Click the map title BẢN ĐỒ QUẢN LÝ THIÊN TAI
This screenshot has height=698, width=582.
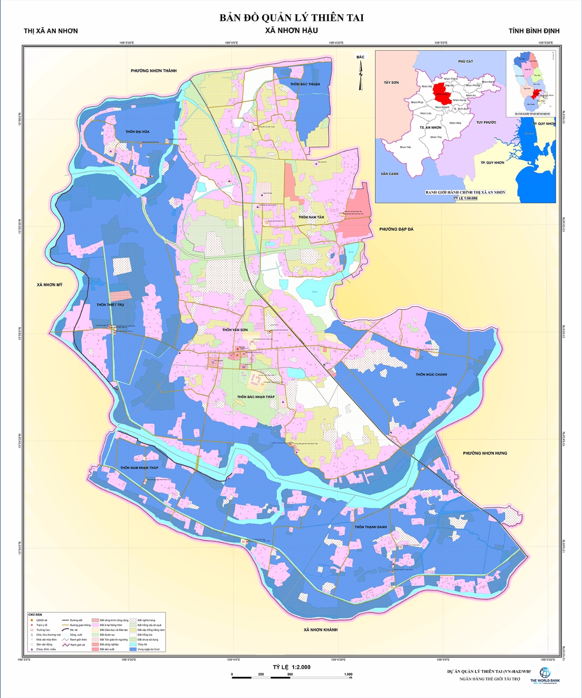click(x=291, y=18)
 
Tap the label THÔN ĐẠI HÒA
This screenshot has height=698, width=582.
click(x=137, y=132)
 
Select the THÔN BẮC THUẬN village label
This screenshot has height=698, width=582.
click(x=305, y=84)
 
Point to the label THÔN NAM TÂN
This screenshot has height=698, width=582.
click(x=311, y=217)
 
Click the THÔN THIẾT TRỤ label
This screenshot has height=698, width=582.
click(x=110, y=305)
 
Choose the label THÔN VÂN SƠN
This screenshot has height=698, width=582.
click(x=235, y=330)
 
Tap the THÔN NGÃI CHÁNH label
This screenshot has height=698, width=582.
click(x=431, y=375)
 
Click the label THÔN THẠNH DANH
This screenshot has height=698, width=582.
click(x=371, y=527)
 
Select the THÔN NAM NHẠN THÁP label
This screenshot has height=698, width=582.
click(x=139, y=468)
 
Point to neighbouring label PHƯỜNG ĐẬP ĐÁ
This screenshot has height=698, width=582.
click(x=396, y=229)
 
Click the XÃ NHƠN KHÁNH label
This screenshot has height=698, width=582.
click(x=321, y=630)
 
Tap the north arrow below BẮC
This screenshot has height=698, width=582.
click(x=360, y=74)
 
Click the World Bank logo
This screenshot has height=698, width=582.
click(x=545, y=673)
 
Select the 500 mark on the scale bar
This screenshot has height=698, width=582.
click(x=290, y=674)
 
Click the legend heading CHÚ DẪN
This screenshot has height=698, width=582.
click(x=35, y=615)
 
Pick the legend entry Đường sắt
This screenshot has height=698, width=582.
click(x=76, y=620)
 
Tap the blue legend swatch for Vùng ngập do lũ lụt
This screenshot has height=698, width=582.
click(x=133, y=649)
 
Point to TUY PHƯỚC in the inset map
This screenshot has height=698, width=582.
click(x=486, y=122)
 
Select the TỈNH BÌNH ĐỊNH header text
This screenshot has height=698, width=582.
click(x=534, y=31)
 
